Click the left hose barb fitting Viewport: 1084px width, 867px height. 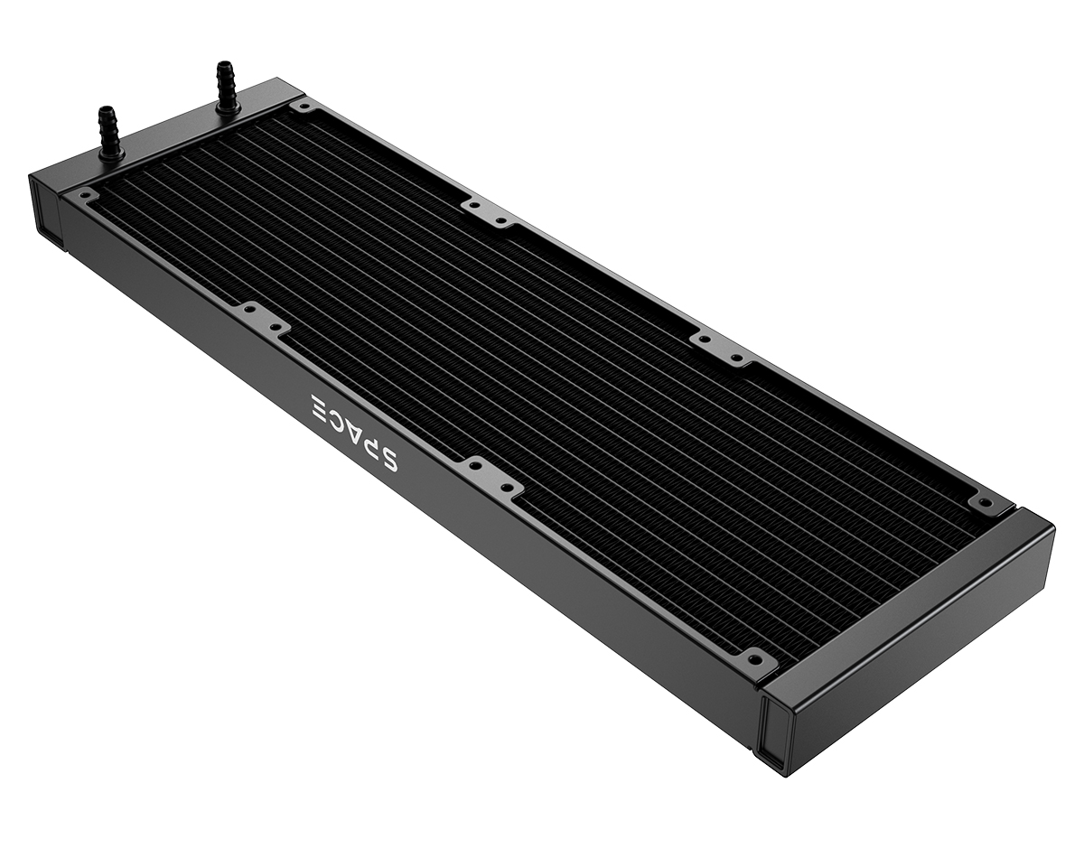[x=109, y=132]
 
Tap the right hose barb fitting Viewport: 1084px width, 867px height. [x=226, y=85]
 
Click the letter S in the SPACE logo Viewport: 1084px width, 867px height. [x=386, y=458]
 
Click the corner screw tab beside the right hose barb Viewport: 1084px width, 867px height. [x=303, y=107]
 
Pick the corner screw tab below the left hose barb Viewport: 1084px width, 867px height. [x=86, y=193]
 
